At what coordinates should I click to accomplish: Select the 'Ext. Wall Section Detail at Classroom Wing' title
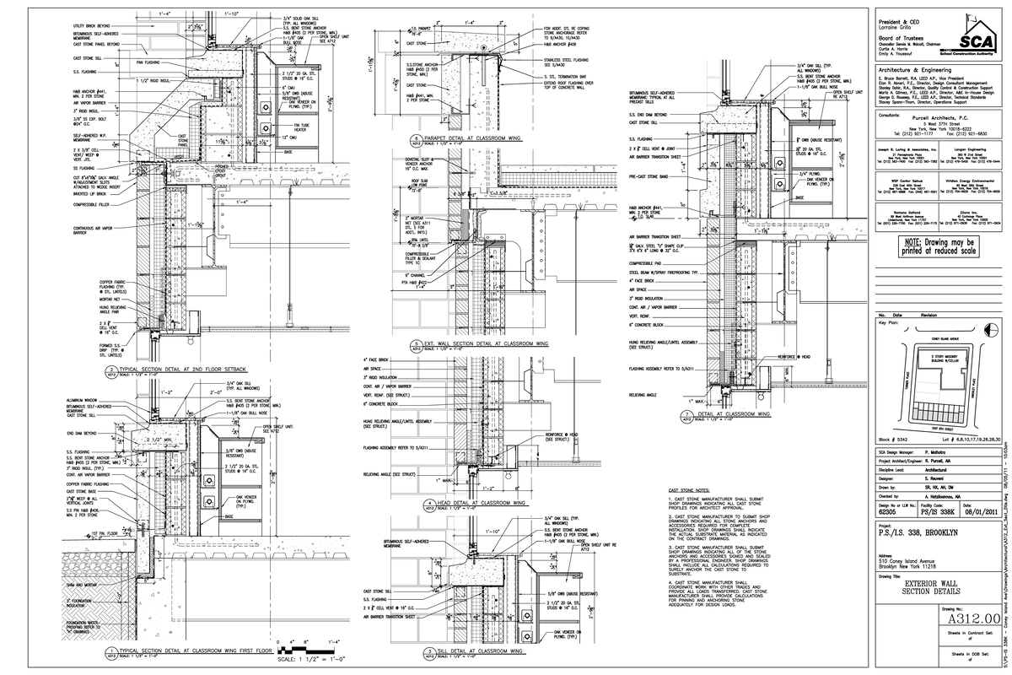coord(477,344)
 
